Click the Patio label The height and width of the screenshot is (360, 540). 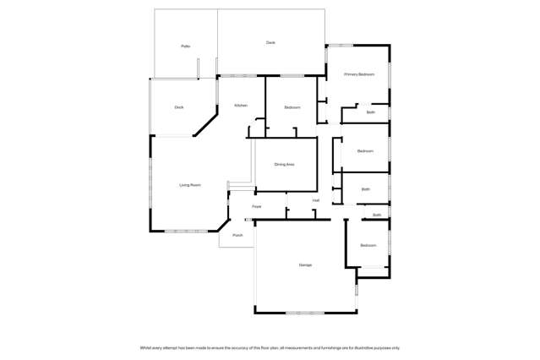coord(185,46)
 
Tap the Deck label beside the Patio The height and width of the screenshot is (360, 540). coord(270,42)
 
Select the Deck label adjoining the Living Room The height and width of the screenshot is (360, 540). coord(179,107)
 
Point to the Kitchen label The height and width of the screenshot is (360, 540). coord(240,105)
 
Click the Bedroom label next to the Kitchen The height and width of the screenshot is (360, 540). coord(292,107)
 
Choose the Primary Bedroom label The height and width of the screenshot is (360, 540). coord(358,74)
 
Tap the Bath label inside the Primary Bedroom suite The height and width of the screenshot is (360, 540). coord(371,112)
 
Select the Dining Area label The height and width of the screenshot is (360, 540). coord(284,164)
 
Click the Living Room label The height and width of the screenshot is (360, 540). coord(189,184)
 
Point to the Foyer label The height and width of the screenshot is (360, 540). coord(256,206)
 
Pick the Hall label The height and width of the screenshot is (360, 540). coord(315,200)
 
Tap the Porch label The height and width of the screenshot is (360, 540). coord(237,235)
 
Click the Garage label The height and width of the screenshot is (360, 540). coord(305,265)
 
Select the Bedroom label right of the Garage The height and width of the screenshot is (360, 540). coord(368,245)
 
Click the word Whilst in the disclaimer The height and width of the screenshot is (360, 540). coord(145,347)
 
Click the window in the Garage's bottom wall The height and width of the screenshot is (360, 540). coord(305,313)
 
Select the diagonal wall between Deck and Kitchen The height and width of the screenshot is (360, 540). coord(206,123)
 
